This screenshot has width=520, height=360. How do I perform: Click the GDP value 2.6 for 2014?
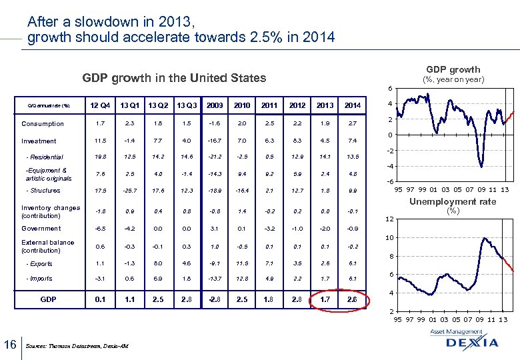click(353, 300)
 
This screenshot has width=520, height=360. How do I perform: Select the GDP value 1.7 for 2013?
click(325, 300)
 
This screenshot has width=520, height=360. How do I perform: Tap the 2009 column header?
click(215, 105)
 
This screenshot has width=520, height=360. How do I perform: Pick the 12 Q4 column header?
click(100, 105)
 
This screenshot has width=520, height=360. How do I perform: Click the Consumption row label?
click(43, 124)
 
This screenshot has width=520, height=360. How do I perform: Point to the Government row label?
click(41, 228)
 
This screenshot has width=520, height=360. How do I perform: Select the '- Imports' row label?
click(39, 279)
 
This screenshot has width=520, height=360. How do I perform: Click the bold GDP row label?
click(48, 300)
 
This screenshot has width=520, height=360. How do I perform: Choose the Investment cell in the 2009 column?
click(215, 141)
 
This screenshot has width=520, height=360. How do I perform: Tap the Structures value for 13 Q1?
click(129, 191)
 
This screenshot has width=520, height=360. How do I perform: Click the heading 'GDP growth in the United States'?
click(174, 78)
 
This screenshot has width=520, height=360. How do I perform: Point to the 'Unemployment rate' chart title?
click(453, 201)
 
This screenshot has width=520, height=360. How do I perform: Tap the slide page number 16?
click(10, 344)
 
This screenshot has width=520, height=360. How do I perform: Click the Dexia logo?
click(473, 341)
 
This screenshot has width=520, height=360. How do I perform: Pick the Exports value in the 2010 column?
click(242, 263)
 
